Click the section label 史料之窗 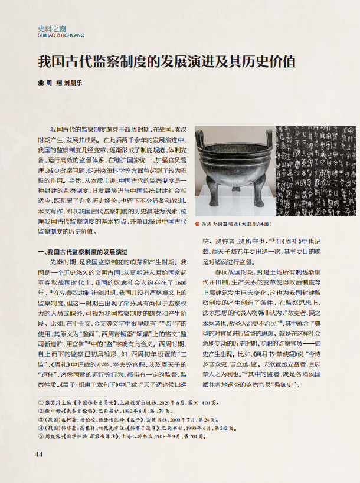coord(52,28)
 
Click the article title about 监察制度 coord(166,61)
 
